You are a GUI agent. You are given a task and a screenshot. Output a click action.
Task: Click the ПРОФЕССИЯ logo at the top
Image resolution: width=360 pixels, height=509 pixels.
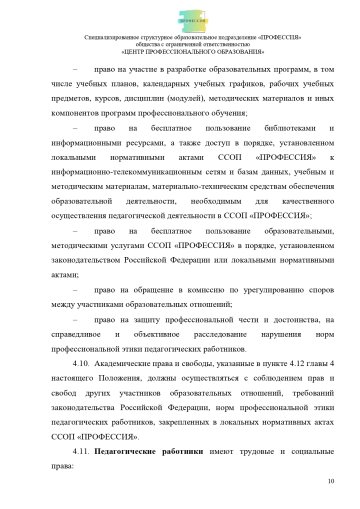(181, 17)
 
